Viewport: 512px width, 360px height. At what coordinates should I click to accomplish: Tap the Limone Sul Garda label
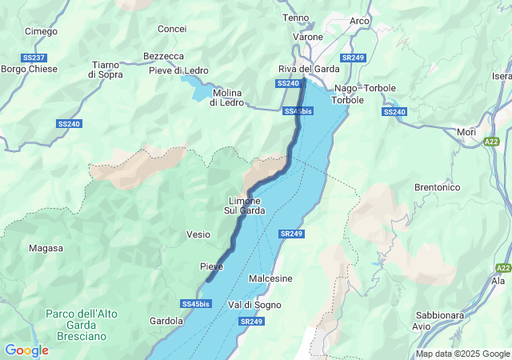(x=244, y=205)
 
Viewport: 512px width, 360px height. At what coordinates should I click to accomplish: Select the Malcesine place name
(x=270, y=278)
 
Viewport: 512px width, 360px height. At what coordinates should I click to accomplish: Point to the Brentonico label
(x=437, y=186)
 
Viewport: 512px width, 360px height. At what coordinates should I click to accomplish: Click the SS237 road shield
(x=33, y=58)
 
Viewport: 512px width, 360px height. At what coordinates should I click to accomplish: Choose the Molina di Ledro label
(x=226, y=98)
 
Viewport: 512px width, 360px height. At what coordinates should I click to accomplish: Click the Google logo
(x=26, y=350)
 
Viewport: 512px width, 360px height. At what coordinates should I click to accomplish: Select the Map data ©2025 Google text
(x=462, y=354)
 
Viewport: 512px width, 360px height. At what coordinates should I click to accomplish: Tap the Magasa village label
(x=46, y=248)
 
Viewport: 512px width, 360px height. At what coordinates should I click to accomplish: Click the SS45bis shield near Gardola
(x=195, y=304)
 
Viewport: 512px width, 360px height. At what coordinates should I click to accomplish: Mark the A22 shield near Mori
(x=491, y=142)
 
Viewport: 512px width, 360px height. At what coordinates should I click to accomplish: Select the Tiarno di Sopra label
(x=106, y=69)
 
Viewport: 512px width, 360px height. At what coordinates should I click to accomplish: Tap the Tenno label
(x=295, y=18)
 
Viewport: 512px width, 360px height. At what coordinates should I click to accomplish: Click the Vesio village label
(x=198, y=234)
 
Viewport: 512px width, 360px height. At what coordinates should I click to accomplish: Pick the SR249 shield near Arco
(x=352, y=58)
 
